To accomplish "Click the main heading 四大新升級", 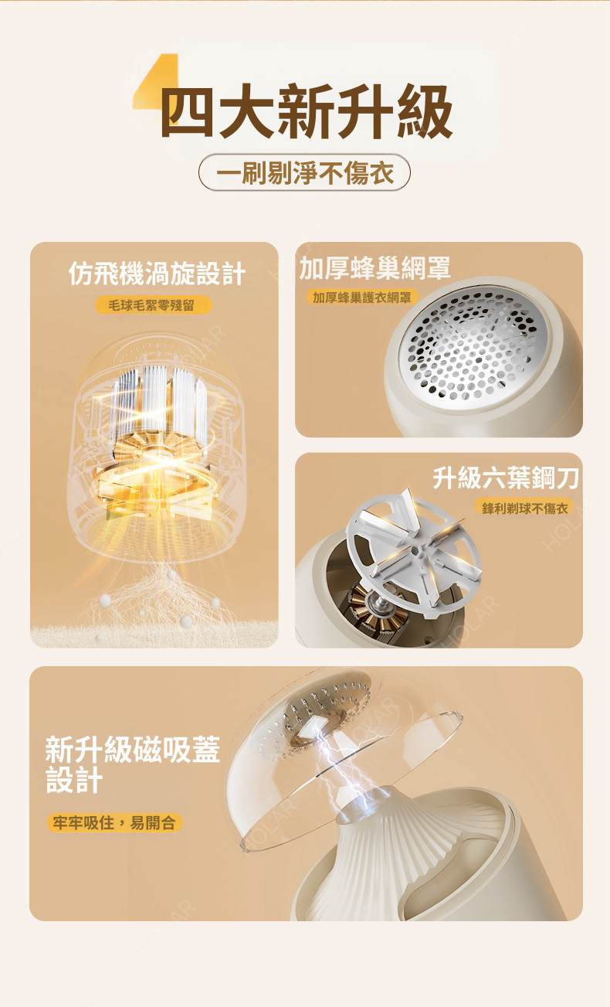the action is [307, 111].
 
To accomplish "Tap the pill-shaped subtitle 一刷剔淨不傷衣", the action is [304, 172].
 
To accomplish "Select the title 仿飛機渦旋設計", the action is [157, 274].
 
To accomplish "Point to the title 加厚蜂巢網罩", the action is [374, 268].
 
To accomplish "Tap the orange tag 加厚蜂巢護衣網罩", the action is [362, 298].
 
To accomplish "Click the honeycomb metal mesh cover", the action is [473, 345].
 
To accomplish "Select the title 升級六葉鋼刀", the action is [505, 478].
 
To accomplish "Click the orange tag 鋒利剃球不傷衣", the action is [524, 508].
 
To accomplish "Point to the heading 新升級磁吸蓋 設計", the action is [133, 764].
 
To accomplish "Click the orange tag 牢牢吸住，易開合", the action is [114, 823].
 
